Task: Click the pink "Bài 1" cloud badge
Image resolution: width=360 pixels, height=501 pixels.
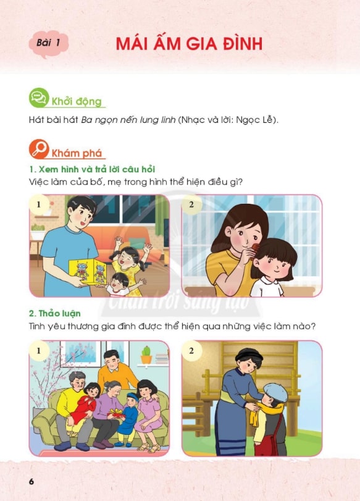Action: tap(49, 43)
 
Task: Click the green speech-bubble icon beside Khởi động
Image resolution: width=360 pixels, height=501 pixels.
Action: tap(39, 98)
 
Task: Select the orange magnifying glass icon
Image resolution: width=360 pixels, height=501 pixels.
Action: tap(39, 149)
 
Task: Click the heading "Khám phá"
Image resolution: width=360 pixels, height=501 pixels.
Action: tap(77, 153)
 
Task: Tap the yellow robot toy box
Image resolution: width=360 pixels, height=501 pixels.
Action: tap(88, 272)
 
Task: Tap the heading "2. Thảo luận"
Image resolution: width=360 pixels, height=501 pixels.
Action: tap(54, 313)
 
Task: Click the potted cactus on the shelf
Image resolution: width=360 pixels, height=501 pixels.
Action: tap(146, 355)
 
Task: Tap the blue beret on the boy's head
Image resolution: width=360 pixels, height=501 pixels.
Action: tap(275, 392)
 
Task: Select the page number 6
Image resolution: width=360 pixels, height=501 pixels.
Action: tap(31, 481)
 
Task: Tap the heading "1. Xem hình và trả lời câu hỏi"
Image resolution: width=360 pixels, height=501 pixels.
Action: tap(92, 169)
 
